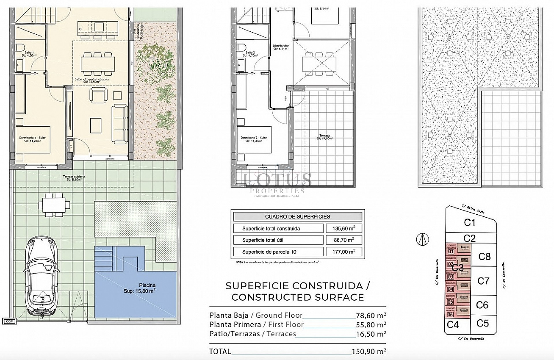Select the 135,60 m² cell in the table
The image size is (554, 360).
pos(343,228)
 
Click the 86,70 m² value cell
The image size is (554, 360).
pos(343,240)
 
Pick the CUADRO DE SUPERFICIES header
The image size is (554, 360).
pos(297,217)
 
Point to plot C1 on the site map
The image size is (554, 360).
pos(469,222)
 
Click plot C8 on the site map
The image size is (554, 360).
pos(484,256)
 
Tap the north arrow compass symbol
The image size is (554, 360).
pos(423,239)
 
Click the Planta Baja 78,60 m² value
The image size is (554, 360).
pos(371,315)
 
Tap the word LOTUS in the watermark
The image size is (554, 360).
pos(277,179)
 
